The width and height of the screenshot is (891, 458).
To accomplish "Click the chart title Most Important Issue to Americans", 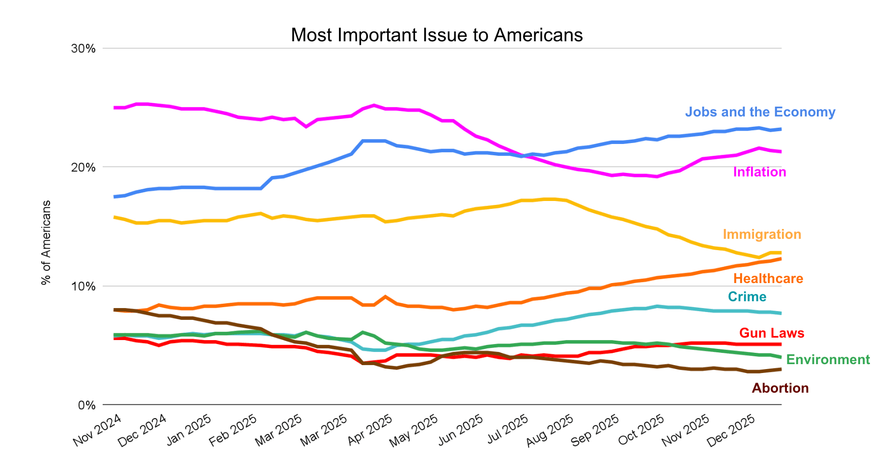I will click(436, 35).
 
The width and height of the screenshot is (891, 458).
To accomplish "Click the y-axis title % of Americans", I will click(46, 242).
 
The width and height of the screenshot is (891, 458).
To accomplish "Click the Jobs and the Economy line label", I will click(760, 112).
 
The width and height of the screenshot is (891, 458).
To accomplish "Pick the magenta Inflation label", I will click(759, 172).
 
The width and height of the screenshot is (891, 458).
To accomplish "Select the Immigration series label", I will click(762, 234).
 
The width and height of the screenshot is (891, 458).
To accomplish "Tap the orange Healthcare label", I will click(768, 279).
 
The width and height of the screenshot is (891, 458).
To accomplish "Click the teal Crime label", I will click(747, 297).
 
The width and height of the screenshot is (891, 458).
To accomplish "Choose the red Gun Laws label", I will click(771, 333).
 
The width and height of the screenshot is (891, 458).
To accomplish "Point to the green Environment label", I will click(828, 360).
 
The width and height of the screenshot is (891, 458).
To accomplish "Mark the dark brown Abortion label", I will click(780, 388).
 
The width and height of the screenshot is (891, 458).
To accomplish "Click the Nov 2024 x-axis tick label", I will click(98, 430).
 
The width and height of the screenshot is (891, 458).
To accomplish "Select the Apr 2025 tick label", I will click(370, 430).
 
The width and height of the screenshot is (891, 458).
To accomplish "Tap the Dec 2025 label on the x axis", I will click(732, 430).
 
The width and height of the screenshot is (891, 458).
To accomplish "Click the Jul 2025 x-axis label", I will click(507, 430).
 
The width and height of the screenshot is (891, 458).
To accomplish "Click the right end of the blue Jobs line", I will click(780, 129).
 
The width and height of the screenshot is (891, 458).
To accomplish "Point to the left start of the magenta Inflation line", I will click(115, 108).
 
